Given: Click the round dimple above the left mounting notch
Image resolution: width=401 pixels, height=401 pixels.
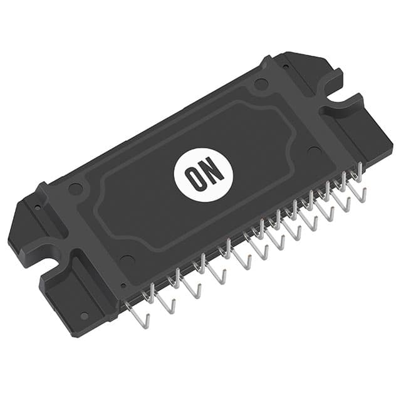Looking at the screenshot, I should click(75, 188).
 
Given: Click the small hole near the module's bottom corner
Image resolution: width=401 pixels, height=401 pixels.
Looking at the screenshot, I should click(84, 316).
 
